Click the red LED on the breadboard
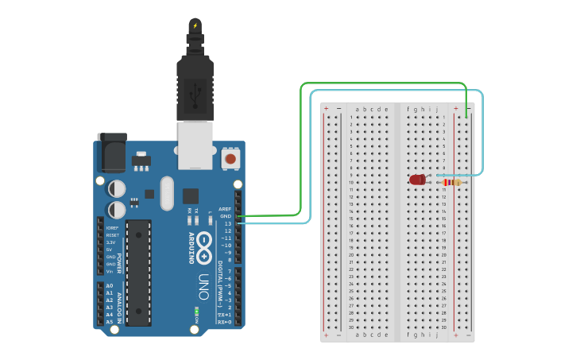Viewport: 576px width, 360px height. tap(417, 180)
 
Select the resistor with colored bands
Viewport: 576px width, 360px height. tap(450, 183)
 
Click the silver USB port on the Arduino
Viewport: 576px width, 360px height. tap(195, 145)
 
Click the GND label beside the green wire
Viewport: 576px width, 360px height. tap(226, 216)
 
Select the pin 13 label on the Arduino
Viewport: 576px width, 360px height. tap(228, 223)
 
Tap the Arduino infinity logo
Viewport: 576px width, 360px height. tap(204, 246)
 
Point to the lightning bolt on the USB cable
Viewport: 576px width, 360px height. tap(195, 26)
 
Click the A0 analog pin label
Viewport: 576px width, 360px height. tap(110, 285)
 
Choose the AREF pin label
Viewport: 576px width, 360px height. tap(225, 209)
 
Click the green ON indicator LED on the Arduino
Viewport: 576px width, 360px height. tap(195, 310)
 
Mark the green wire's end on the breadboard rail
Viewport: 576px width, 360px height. tap(466, 117)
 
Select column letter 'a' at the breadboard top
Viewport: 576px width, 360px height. tap(358, 109)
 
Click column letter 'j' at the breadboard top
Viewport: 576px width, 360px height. tap(437, 109)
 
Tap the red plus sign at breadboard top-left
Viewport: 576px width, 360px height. tap(326, 108)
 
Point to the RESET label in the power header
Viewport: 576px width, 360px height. tap(112, 235)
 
